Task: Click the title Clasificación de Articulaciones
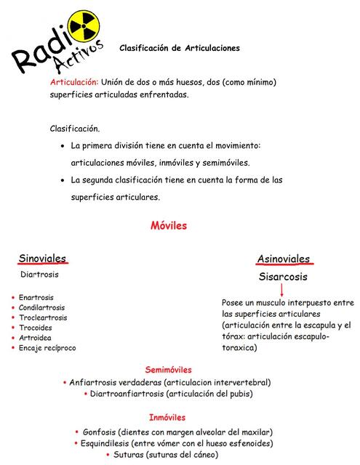[179, 48]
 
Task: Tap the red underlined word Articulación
[73, 82]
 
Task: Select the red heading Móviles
[169, 225]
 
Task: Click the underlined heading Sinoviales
[42, 258]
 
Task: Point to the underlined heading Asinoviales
[283, 259]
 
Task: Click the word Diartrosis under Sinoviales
[39, 275]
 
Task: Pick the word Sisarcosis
[283, 277]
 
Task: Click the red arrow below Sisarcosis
[282, 291]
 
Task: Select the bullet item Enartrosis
[36, 297]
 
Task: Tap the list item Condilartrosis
[41, 307]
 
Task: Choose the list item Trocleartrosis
[43, 318]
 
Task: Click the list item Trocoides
[36, 328]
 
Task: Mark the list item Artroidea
[35, 338]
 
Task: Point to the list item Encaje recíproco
[47, 348]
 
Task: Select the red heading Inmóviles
[167, 418]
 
